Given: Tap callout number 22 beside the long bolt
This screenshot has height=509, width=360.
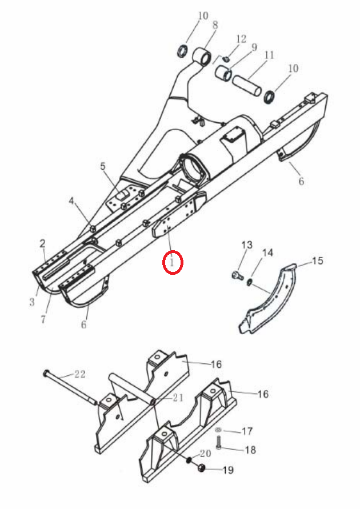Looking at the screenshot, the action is coord(80,374).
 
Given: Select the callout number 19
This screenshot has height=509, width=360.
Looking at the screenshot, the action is coord(228,470).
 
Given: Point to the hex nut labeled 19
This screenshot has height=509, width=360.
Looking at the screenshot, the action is coord(202,468).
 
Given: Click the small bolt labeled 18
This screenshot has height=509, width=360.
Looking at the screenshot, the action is coord(218,443).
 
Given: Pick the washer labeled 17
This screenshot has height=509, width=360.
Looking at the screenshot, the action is coord(218,430).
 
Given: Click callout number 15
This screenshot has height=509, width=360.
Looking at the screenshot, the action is coord(318,260).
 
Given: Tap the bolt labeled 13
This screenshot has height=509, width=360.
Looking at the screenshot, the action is coord(238,275).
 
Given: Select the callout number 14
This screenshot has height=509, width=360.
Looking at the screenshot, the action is coord(267,253).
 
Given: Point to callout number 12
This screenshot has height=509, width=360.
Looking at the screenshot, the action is coord(241,39).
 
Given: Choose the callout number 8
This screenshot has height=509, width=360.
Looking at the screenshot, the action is coord(215,25).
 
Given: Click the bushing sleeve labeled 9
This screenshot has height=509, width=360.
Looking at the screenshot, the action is coord(224,74).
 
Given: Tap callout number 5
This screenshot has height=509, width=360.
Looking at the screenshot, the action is coord(103,166).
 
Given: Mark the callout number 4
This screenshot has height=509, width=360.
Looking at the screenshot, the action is coord(72,201).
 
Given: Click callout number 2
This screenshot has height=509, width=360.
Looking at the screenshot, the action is coord(42,243).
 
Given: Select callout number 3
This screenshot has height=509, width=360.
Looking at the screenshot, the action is coord(32,302).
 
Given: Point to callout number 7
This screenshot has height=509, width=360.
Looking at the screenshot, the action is coord(43,319).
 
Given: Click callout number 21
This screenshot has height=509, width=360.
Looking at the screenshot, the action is coord(178,398).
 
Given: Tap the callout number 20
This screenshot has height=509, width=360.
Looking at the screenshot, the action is coord(205,454).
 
